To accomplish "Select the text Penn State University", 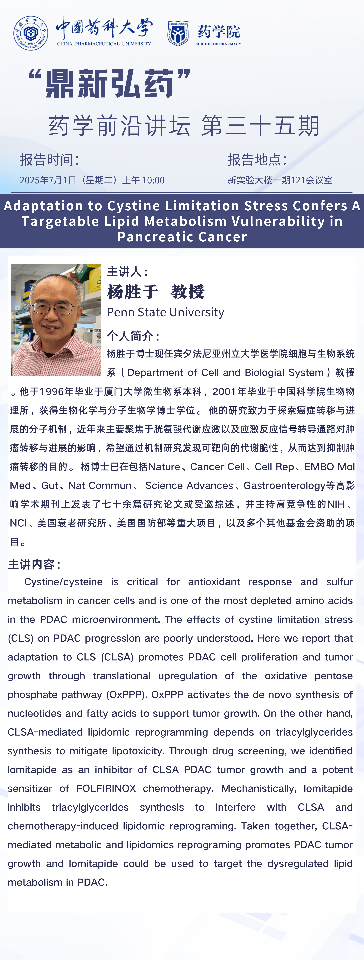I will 165,312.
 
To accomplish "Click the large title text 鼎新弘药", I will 109,83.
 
